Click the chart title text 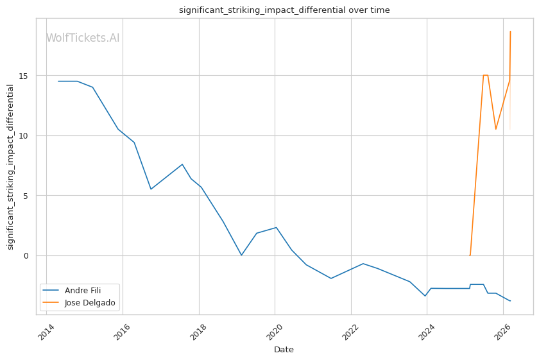click(x=284, y=10)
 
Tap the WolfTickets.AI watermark click(x=83, y=39)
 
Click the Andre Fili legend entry click(x=83, y=290)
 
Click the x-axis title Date click(x=284, y=350)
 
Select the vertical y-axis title click(x=10, y=167)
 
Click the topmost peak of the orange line click(x=510, y=31)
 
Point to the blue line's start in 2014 click(x=58, y=81)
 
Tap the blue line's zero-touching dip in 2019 click(x=241, y=255)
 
